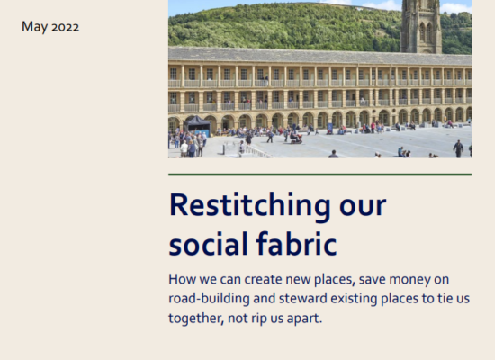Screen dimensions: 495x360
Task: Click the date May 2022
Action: [50, 27]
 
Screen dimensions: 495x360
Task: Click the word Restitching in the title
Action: [249, 206]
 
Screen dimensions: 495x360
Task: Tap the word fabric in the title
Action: [296, 244]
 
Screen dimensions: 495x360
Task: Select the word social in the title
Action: [209, 244]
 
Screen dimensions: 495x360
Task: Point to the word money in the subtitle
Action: [409, 280]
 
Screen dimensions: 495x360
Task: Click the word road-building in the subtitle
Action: [209, 299]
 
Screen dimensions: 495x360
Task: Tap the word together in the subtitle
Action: [196, 319]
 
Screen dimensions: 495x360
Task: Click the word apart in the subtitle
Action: [304, 319]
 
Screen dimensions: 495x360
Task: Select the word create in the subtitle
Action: [264, 280]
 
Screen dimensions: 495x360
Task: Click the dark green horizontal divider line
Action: [320, 175]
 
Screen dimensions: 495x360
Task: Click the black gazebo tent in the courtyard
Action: [197, 125]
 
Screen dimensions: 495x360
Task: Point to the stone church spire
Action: [421, 26]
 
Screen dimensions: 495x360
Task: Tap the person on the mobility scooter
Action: [296, 137]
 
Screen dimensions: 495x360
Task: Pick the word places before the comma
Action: [334, 280]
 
